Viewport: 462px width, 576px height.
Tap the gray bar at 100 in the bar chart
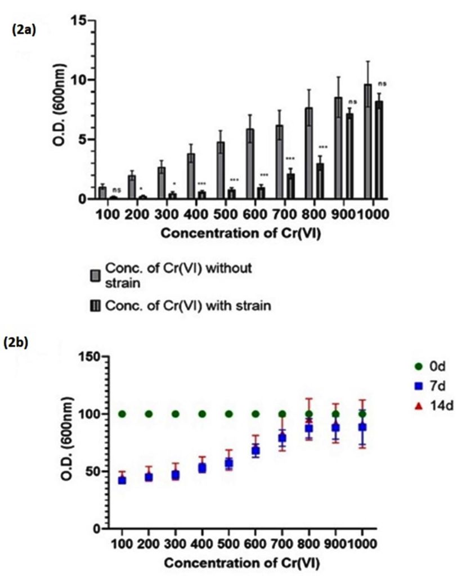point(102,193)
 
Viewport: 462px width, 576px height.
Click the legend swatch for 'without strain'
point(96,274)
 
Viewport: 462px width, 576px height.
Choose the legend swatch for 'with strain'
point(96,305)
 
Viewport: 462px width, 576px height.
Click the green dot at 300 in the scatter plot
point(176,414)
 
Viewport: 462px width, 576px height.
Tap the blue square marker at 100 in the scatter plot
point(122,480)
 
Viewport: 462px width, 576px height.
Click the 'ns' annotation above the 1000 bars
point(383,84)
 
